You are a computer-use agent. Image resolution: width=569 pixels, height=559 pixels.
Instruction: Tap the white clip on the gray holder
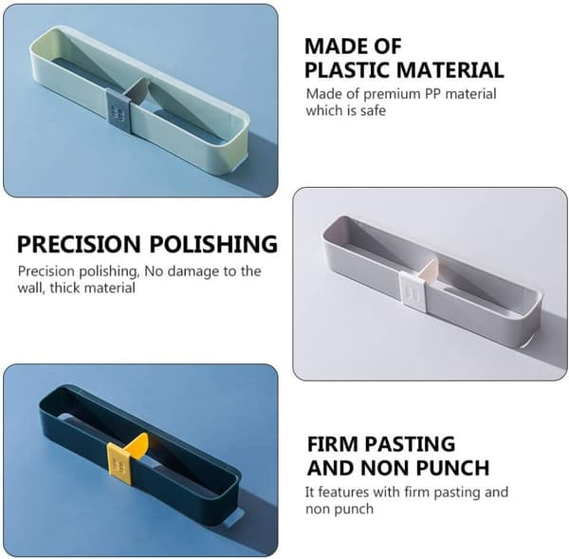[413, 291]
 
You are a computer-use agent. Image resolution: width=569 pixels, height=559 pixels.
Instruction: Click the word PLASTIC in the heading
[346, 70]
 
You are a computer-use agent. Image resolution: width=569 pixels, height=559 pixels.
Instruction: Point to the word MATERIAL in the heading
[450, 70]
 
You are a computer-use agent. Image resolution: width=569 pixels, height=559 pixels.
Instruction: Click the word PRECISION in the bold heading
[79, 244]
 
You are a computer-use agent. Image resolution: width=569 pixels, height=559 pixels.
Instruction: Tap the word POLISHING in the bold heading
[213, 244]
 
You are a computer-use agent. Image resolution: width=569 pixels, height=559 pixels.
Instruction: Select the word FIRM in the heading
[332, 444]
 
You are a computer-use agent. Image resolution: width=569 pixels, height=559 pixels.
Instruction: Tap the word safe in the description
[373, 110]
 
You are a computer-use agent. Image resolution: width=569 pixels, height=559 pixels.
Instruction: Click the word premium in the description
[392, 95]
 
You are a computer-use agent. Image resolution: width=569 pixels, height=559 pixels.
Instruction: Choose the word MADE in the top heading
[329, 47]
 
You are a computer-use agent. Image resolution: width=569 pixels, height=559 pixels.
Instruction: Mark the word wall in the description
[31, 289]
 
